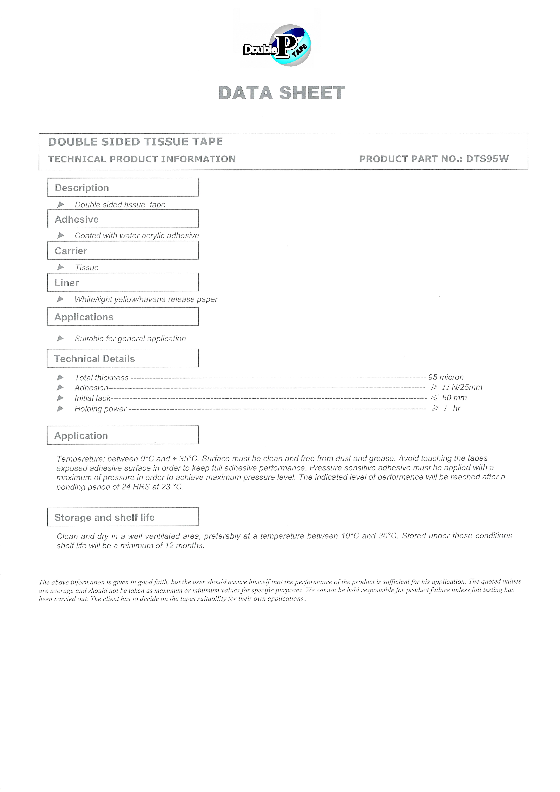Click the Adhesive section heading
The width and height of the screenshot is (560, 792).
(x=77, y=219)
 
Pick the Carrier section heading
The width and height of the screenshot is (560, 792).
(x=71, y=251)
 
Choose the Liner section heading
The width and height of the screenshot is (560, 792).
(x=67, y=283)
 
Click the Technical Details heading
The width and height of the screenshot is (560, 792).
(x=95, y=359)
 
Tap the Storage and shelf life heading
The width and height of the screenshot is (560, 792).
(x=105, y=517)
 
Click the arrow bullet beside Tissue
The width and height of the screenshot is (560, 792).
(x=60, y=267)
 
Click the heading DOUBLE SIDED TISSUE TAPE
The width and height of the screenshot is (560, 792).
(x=136, y=142)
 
